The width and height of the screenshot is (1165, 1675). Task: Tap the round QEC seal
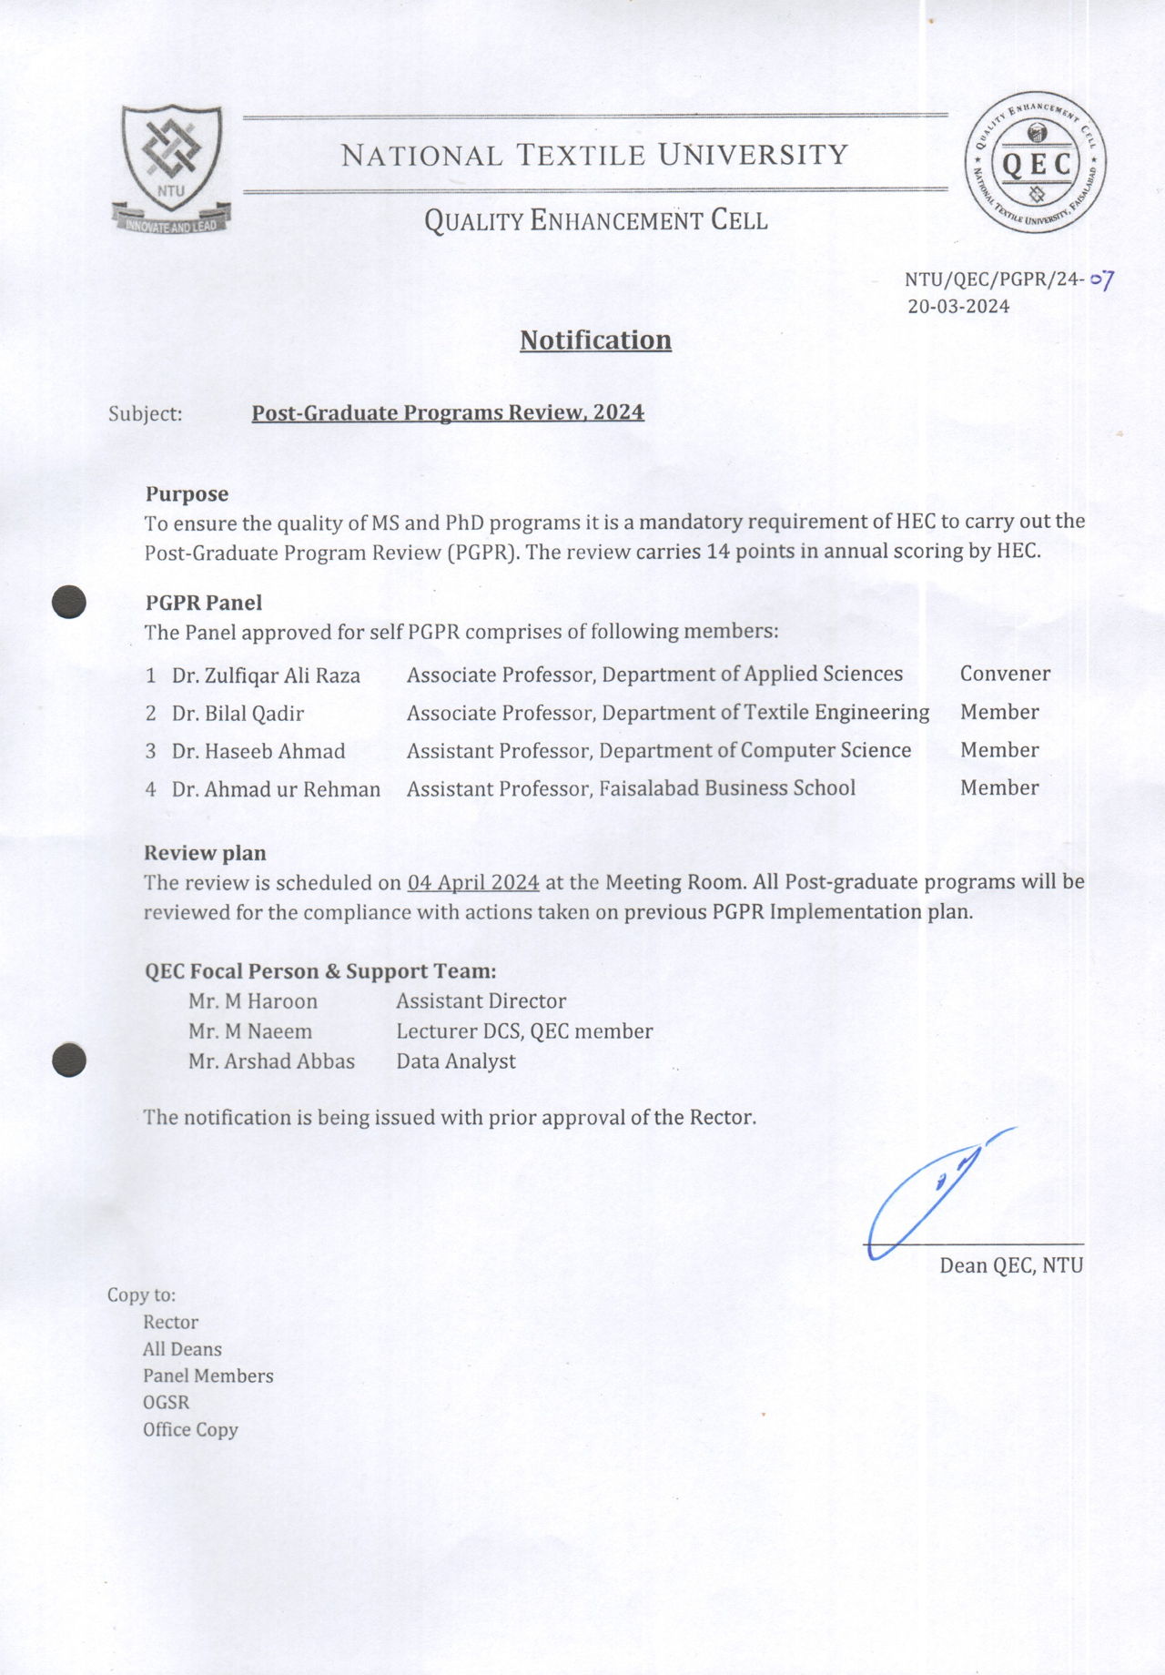tap(1036, 163)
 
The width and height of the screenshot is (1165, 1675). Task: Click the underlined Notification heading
tap(595, 340)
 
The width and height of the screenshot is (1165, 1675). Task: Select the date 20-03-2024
tap(958, 307)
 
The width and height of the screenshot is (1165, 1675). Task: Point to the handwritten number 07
tap(1102, 279)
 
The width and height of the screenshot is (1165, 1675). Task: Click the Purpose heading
tap(187, 494)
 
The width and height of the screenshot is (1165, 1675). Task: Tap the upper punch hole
tap(69, 603)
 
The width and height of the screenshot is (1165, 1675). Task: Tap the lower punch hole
tap(69, 1061)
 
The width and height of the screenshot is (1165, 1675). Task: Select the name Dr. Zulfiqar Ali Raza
tap(266, 675)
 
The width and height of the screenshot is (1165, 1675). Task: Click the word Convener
tap(1005, 674)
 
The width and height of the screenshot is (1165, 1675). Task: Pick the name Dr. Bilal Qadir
tap(238, 714)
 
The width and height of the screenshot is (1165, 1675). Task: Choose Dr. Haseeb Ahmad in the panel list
tap(258, 752)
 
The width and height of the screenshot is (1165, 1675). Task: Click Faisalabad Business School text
tap(727, 788)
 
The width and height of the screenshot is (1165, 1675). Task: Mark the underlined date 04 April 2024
tap(473, 883)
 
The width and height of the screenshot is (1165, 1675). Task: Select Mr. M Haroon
tap(253, 1001)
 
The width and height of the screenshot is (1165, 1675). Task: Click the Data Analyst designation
tap(456, 1061)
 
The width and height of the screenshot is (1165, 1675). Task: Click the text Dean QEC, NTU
tap(1011, 1265)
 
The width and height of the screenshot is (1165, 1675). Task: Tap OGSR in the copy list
tap(166, 1403)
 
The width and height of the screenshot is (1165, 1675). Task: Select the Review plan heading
tap(205, 854)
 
